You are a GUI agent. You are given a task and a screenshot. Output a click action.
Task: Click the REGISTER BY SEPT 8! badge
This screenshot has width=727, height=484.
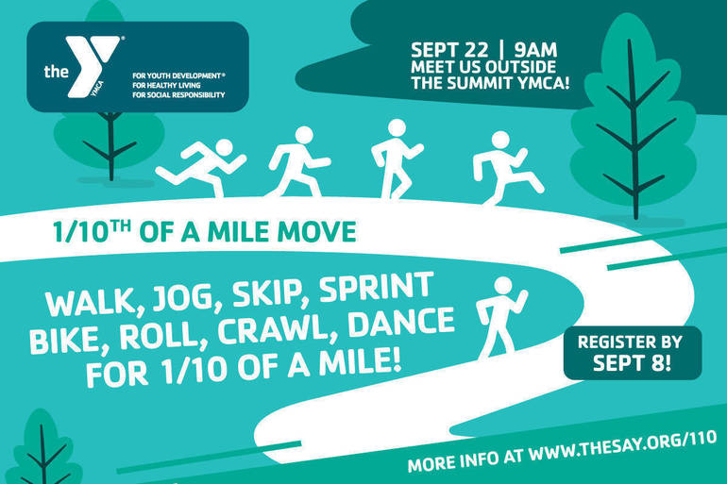pos(631,352)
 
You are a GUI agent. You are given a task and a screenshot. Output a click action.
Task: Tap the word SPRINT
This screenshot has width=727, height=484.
pos(380,285)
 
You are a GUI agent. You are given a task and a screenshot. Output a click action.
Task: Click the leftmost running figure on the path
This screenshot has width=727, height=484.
pos(200,167)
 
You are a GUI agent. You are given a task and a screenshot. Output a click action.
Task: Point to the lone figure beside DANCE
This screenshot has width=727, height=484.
pos(500,316)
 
